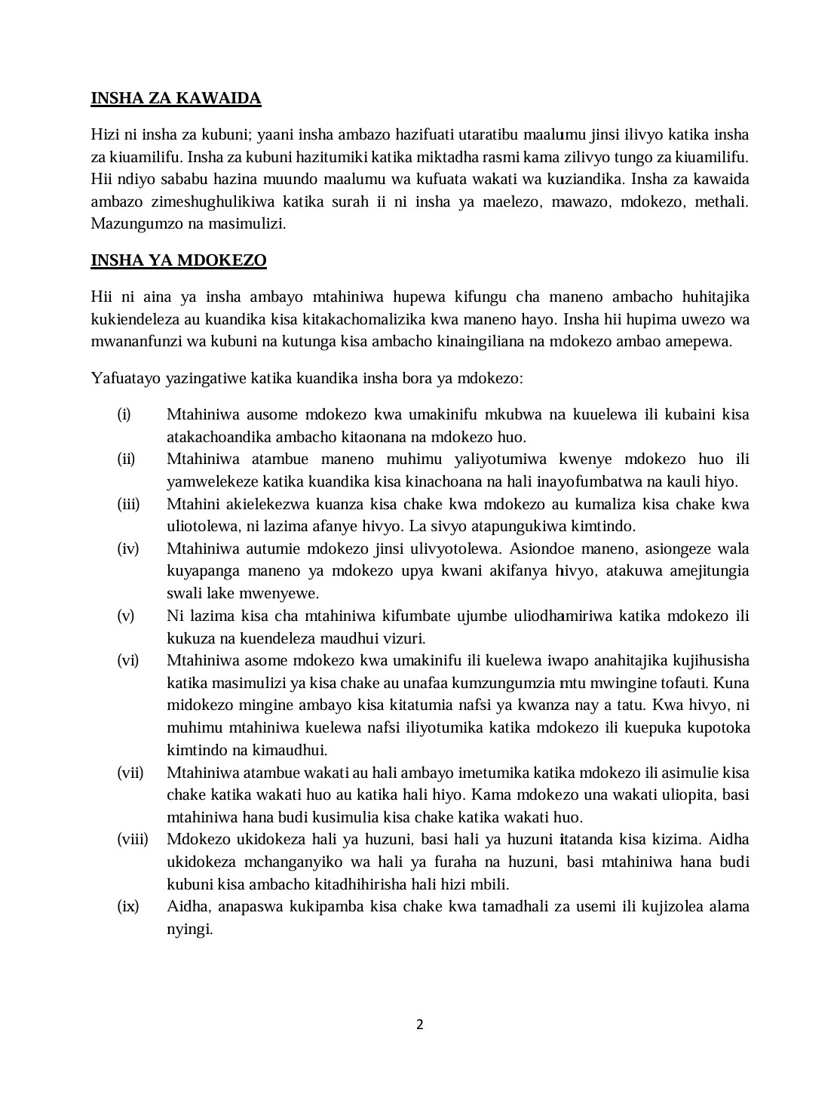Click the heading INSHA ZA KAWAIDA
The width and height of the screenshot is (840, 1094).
coord(176,98)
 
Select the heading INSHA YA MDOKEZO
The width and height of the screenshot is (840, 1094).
coord(179,261)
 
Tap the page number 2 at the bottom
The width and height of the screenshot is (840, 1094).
coord(420,1025)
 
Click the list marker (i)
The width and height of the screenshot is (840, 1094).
coord(124,414)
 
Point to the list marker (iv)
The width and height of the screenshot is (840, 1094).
coord(127,549)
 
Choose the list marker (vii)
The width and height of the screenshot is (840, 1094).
coord(130,773)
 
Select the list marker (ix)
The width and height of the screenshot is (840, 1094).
coord(127,907)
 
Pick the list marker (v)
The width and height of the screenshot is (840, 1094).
coord(125,616)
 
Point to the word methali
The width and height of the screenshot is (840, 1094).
coord(723,201)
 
